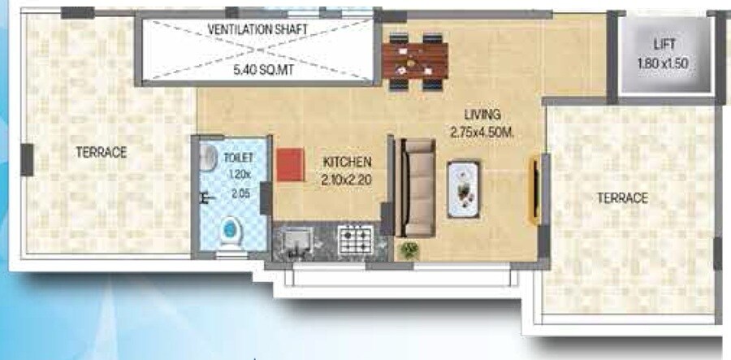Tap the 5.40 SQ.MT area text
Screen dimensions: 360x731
tap(261, 70)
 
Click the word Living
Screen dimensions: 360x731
tap(482, 114)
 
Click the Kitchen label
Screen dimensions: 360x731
tap(347, 161)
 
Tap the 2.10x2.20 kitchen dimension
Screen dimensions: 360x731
tap(346, 180)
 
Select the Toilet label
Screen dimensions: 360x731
tap(240, 158)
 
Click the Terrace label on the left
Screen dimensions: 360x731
tap(102, 152)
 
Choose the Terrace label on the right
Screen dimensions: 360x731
tap(622, 197)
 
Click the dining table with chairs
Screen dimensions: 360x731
tap(415, 59)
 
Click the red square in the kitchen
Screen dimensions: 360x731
tap(288, 165)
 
